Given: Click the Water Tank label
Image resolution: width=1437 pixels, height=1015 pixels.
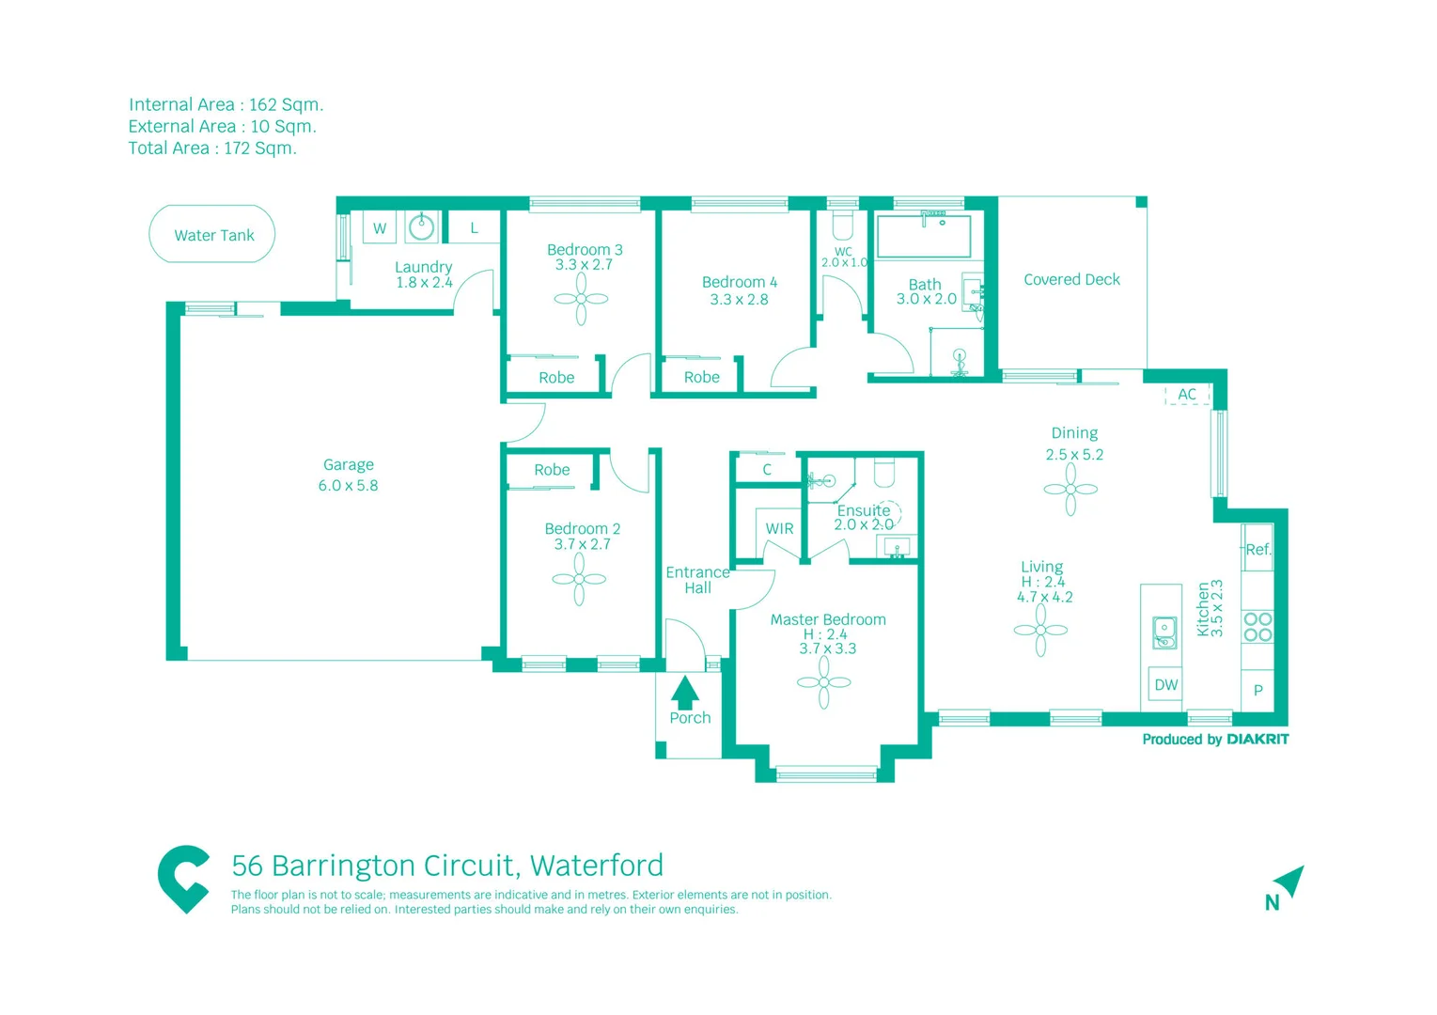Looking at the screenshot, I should [213, 235].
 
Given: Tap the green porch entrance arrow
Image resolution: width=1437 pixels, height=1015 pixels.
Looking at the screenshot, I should [685, 692].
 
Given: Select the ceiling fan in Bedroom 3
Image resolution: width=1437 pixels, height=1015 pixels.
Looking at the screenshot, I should [581, 299].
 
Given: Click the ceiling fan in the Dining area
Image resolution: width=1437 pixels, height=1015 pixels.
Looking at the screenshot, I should [1070, 489].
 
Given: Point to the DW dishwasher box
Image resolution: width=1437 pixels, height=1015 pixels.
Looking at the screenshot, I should [1165, 685].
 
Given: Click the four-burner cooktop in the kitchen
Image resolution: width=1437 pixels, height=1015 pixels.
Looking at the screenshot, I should [1257, 627].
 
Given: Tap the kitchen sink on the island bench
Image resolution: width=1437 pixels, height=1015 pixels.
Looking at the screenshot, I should [1164, 632].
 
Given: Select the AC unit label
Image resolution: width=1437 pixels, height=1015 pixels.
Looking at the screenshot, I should [1187, 395].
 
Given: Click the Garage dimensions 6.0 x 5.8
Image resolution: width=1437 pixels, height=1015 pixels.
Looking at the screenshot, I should [348, 486].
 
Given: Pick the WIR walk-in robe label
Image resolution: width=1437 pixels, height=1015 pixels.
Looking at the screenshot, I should [779, 529].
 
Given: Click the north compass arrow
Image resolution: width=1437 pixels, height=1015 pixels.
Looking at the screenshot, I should [1289, 881].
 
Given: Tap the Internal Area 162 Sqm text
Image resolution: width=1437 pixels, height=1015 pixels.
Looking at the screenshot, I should [226, 104].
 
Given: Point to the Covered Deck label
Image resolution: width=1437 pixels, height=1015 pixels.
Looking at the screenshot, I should [1071, 279].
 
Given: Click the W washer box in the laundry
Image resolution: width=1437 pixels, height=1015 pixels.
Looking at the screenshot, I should [380, 228].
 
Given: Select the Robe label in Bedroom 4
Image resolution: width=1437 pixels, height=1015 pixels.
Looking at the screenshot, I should [701, 377].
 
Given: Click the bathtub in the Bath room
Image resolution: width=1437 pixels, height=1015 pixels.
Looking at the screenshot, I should [924, 235].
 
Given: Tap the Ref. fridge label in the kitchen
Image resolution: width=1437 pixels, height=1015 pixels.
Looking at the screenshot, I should [1257, 550].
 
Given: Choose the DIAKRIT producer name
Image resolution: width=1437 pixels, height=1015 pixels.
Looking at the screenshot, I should [1257, 740].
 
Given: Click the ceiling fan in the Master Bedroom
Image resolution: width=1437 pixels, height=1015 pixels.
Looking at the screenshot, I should [823, 682].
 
